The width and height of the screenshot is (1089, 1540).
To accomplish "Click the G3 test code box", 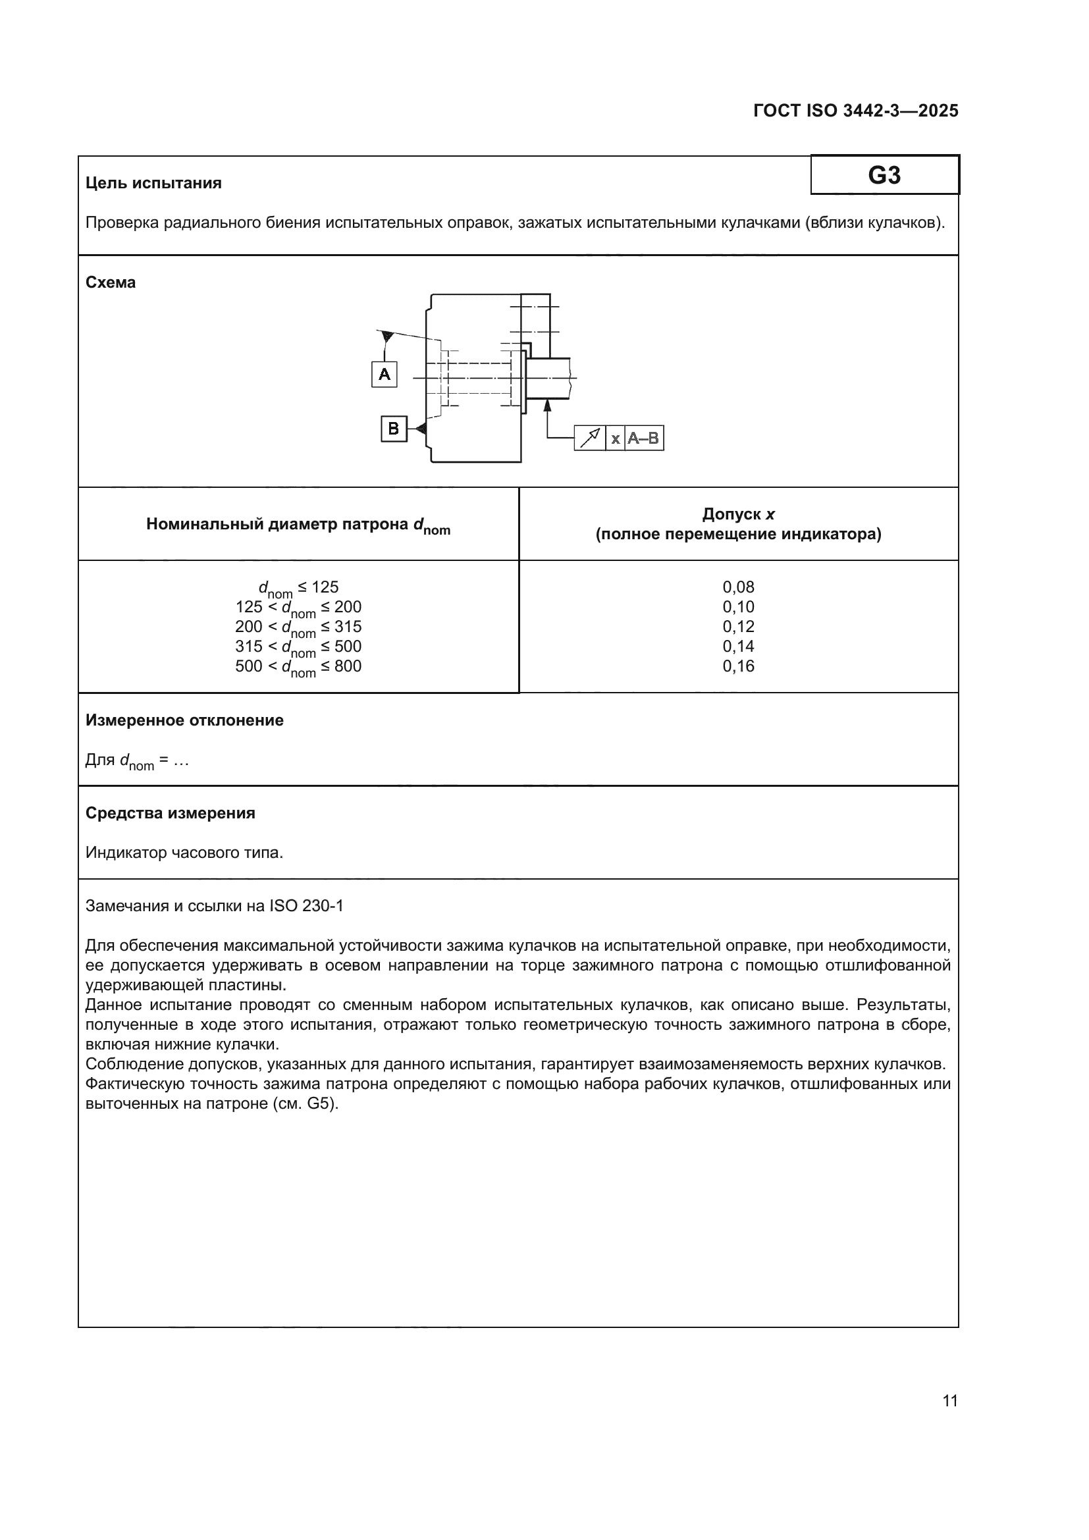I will pyautogui.click(x=884, y=175).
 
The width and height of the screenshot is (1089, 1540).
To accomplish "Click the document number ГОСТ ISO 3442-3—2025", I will pyautogui.click(x=856, y=111).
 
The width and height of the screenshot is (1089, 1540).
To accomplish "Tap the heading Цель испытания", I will pyautogui.click(x=153, y=183).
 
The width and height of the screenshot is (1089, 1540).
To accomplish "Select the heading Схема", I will pyautogui.click(x=111, y=282).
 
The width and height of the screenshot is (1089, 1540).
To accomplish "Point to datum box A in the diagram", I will pyautogui.click(x=385, y=373).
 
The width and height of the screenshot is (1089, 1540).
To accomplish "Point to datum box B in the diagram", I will pyautogui.click(x=394, y=428).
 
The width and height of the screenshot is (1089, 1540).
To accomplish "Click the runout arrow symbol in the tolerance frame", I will pyautogui.click(x=590, y=438).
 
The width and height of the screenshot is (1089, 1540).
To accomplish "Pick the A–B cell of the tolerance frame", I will pyautogui.click(x=644, y=438).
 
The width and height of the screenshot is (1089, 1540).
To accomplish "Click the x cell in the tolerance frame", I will pyautogui.click(x=615, y=438).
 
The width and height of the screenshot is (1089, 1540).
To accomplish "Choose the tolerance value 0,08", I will pyautogui.click(x=738, y=587).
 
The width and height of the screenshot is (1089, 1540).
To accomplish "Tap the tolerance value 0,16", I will pyautogui.click(x=738, y=666).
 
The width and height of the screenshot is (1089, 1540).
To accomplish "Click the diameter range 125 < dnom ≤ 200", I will pyautogui.click(x=298, y=608).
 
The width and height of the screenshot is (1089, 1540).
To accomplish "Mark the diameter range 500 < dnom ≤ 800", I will pyautogui.click(x=298, y=667).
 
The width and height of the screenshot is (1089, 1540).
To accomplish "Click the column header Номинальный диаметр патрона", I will pyautogui.click(x=298, y=525).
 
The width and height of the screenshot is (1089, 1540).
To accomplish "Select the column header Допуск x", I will pyautogui.click(x=738, y=514).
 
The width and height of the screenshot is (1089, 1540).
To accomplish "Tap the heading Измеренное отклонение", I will pyautogui.click(x=184, y=720).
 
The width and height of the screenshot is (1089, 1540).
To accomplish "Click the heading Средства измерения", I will pyautogui.click(x=171, y=813).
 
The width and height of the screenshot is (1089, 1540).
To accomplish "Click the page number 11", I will pyautogui.click(x=950, y=1400).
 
